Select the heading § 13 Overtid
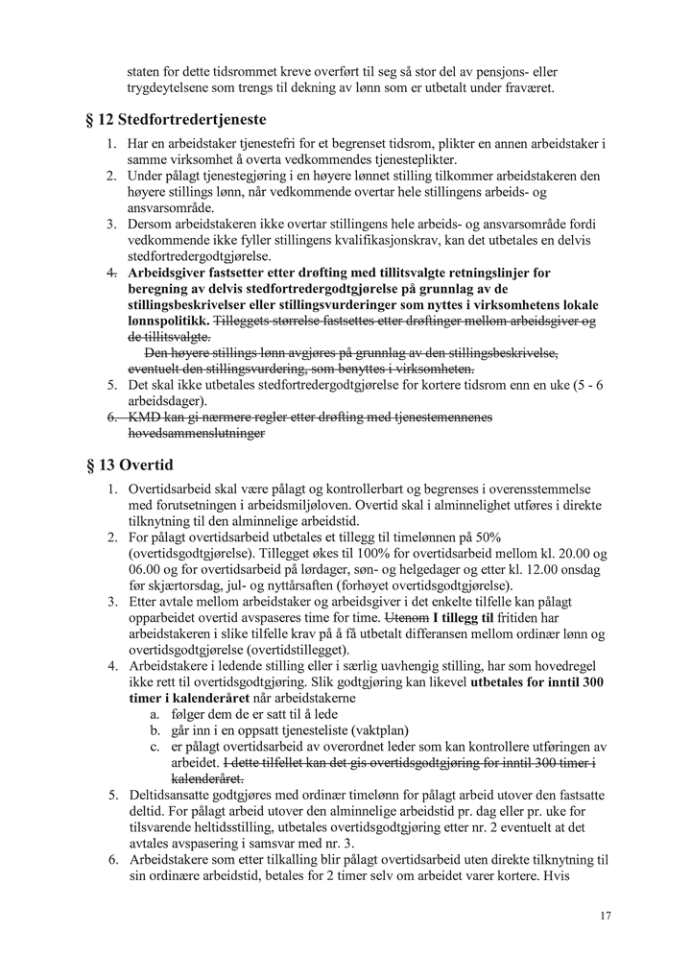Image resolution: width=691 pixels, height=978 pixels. click(x=129, y=465)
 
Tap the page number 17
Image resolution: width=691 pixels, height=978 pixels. click(x=605, y=916)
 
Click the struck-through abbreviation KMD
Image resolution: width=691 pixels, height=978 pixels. click(x=146, y=417)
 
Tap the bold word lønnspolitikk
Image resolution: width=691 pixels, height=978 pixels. click(x=167, y=320)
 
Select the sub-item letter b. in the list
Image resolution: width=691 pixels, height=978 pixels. click(x=154, y=730)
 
